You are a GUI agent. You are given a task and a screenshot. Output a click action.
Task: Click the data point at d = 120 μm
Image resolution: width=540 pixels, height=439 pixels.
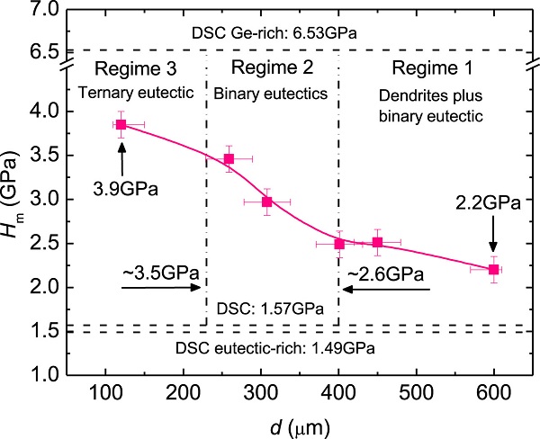121,124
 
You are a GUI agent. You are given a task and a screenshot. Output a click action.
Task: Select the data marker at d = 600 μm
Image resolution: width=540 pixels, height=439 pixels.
494,269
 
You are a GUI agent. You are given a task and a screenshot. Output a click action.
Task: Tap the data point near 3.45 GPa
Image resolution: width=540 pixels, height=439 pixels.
229,159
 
